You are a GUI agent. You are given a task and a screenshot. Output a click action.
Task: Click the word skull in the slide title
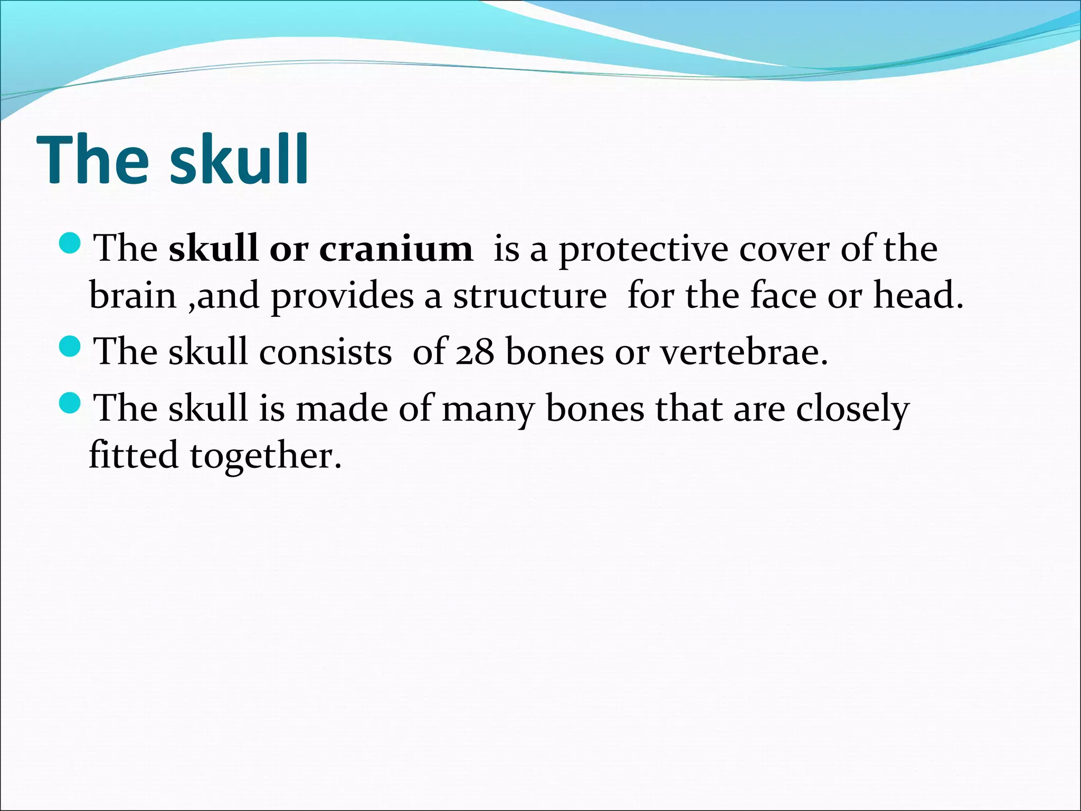click(239, 159)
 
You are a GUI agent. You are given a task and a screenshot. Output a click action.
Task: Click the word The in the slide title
click(93, 159)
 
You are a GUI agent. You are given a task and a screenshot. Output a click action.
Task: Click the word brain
click(132, 296)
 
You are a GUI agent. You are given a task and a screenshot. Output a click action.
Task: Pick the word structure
click(530, 296)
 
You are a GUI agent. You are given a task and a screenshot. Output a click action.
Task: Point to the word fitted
click(134, 455)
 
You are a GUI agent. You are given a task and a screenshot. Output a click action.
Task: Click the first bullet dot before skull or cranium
click(69, 243)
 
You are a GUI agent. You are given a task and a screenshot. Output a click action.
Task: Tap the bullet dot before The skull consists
click(69, 347)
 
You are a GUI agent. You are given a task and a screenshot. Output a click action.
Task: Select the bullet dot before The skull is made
click(69, 404)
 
